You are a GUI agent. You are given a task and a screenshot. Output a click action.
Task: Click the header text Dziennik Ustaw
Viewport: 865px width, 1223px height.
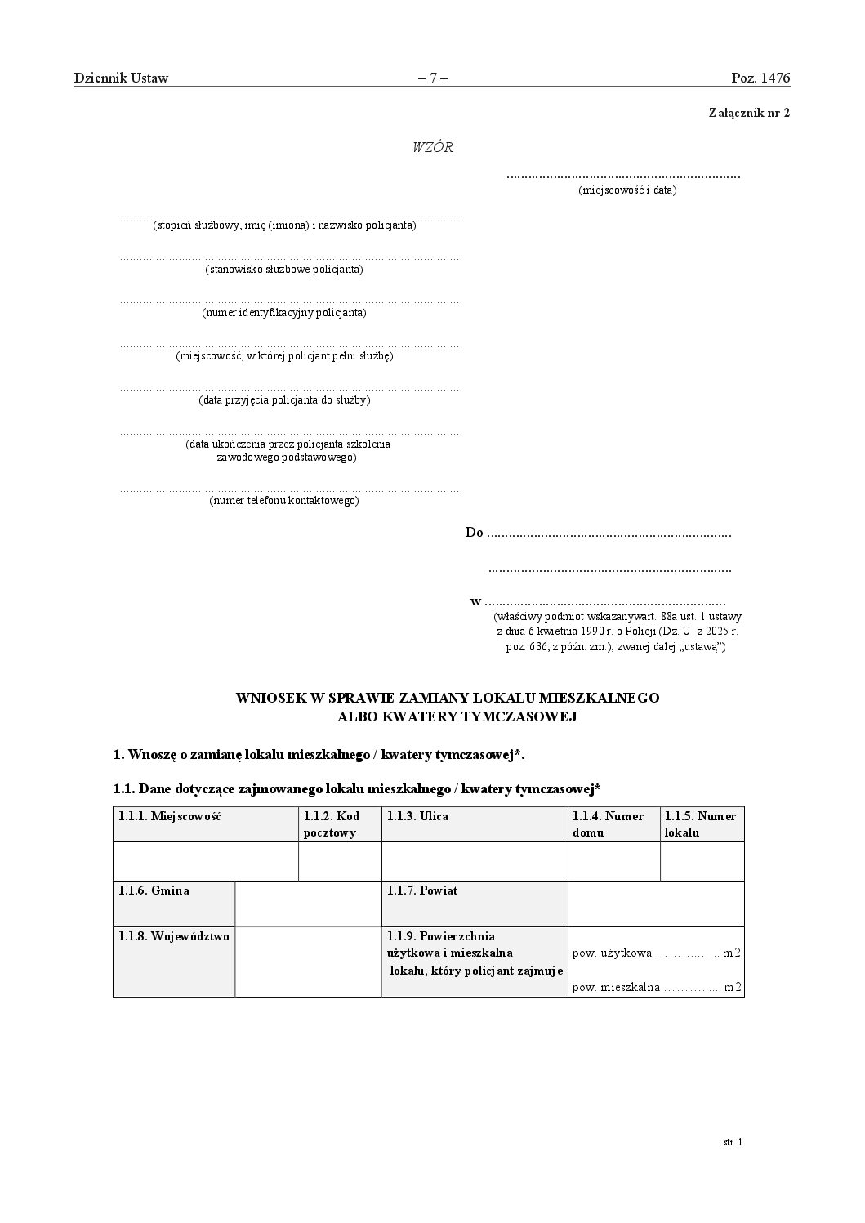121,78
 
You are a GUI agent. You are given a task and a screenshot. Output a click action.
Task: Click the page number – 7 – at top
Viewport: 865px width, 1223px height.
432,78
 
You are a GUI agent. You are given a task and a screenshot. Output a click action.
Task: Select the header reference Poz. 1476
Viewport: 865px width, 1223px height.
760,78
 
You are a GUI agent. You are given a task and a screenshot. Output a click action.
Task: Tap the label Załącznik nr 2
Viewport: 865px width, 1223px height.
749,114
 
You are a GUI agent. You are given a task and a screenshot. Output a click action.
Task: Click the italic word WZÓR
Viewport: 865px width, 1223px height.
432,148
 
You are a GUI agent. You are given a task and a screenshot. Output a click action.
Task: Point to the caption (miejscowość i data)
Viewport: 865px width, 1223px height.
627,190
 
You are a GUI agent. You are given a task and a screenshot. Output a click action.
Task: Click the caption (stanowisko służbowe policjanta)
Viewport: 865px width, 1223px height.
284,270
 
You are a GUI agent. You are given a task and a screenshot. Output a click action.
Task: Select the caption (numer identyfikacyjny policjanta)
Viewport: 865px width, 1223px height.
284,313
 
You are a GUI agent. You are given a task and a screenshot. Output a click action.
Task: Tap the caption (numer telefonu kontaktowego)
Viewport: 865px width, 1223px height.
284,501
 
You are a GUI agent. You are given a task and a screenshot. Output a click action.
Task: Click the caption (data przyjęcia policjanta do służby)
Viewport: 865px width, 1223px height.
284,400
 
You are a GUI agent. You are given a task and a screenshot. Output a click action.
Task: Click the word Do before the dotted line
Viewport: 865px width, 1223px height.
474,533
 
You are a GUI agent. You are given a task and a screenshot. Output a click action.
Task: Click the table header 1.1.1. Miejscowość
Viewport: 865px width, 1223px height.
170,816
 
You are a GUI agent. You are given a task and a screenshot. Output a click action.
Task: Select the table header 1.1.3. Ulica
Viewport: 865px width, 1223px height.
417,816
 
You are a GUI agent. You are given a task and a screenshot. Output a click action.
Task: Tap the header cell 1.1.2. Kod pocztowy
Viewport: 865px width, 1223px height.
332,824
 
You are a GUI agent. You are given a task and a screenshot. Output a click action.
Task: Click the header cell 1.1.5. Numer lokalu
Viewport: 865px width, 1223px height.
700,824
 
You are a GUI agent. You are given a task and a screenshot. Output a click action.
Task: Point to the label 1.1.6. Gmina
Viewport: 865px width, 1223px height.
154,890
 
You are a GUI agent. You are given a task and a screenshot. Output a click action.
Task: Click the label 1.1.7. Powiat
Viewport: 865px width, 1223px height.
422,890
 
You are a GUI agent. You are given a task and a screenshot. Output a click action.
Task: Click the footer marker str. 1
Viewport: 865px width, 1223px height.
733,1142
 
